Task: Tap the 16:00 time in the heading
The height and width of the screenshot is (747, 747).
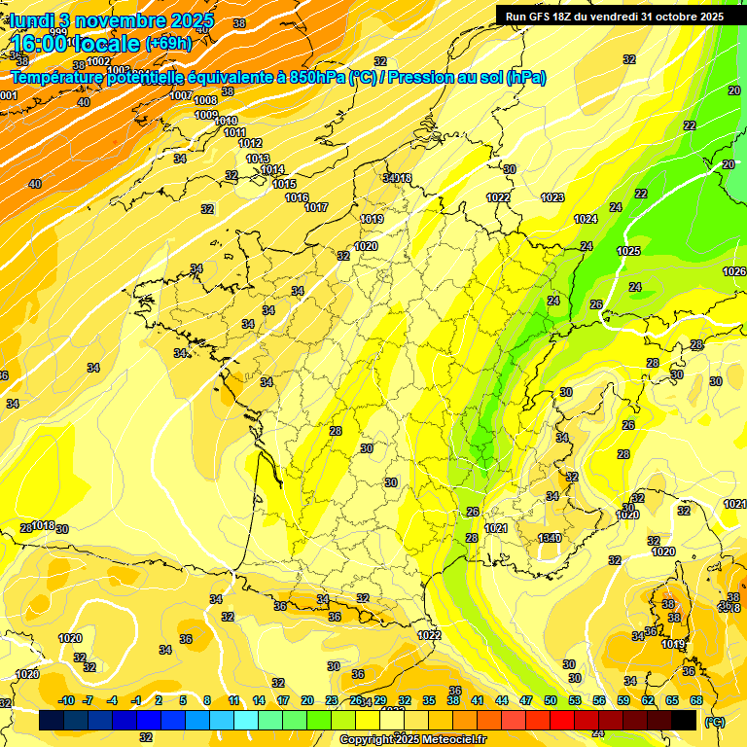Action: pos(48,44)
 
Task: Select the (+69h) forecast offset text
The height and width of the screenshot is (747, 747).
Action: pos(168,43)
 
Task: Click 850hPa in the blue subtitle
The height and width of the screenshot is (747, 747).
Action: pos(317,78)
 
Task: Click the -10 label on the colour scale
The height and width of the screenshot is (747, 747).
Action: pos(66,700)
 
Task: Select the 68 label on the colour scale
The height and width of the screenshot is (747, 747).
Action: pos(696,700)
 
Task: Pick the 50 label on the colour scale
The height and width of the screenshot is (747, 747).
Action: pos(550,700)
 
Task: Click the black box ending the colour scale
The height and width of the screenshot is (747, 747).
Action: pos(684,720)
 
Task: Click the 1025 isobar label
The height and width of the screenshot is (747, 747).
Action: pos(628,252)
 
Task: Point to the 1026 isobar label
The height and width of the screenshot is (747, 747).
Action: pos(734,271)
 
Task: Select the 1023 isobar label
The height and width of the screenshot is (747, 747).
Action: pos(552,197)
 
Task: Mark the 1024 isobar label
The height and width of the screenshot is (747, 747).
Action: pos(586,219)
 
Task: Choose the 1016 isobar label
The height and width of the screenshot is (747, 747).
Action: pos(297,197)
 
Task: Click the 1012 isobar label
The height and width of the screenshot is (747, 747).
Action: pos(250,143)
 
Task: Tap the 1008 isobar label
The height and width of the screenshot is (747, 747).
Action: pos(205,100)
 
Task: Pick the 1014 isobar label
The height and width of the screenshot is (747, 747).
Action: pos(272,169)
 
